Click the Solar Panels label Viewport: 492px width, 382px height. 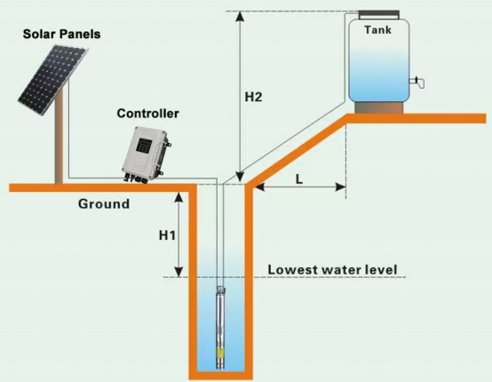click(61, 34)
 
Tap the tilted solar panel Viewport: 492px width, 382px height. click(52, 80)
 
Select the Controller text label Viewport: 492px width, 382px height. click(147, 114)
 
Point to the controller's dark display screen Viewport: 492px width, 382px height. click(144, 145)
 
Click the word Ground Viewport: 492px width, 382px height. click(104, 203)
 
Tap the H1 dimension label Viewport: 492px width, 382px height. click(167, 235)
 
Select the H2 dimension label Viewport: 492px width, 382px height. click(253, 98)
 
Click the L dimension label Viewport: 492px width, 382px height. click(299, 179)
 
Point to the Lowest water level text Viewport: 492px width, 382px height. click(332, 270)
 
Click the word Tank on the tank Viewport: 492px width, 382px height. click(377, 30)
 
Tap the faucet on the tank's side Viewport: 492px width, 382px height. click(417, 82)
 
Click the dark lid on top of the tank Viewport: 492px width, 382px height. click(379, 14)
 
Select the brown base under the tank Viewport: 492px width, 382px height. click(379, 107)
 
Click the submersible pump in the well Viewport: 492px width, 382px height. click(221, 327)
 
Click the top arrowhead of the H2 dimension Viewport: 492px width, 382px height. click(241, 16)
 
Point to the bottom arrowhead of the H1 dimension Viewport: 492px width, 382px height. click(179, 272)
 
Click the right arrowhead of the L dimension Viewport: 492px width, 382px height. click(341, 187)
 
